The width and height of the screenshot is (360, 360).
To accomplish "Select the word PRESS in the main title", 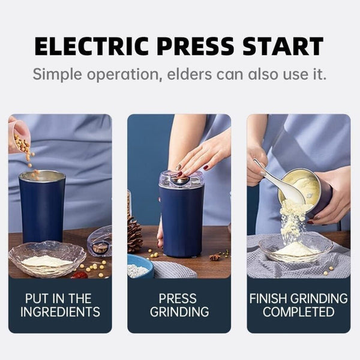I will pyautogui.click(x=202, y=46).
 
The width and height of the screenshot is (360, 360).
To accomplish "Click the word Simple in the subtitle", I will pyautogui.click(x=58, y=75).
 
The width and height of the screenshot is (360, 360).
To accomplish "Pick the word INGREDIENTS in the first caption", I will pyautogui.click(x=59, y=312).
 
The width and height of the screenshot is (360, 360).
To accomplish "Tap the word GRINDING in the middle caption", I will pyautogui.click(x=179, y=312).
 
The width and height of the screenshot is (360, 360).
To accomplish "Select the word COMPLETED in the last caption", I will pyautogui.click(x=298, y=312).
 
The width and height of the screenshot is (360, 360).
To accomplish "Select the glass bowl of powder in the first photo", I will pyautogui.click(x=47, y=258).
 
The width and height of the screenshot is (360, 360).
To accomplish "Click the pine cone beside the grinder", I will pyautogui.click(x=134, y=235).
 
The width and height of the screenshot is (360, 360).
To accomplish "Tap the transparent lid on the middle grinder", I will pyautogui.click(x=181, y=179).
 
